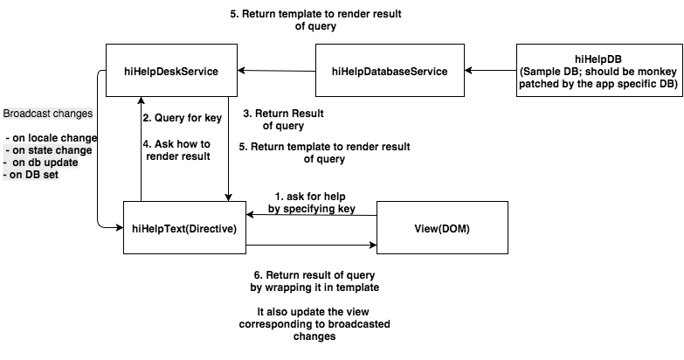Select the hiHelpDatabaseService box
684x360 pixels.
pos(390,70)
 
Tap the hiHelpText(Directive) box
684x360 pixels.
pos(184,227)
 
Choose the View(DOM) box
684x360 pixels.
pos(442,227)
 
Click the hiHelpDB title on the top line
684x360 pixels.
pos(598,58)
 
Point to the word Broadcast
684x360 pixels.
pos(26,114)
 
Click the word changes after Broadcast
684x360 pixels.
pos(72,114)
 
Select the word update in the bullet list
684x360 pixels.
pos(61,163)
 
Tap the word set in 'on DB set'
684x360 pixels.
pos(51,175)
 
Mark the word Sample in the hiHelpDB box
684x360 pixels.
pos(542,70)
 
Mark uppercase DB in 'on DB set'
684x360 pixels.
pos(33,175)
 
